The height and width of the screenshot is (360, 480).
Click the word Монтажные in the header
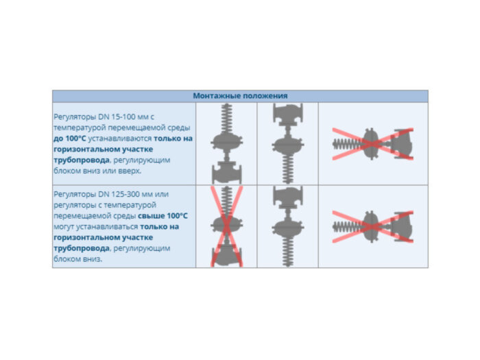point(217,96)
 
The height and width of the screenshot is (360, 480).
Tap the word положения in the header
point(265,96)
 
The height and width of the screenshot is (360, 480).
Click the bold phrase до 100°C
point(70,139)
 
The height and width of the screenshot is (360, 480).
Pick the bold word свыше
point(149,216)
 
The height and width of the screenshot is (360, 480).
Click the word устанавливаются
point(120,139)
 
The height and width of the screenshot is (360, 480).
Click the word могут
point(64,227)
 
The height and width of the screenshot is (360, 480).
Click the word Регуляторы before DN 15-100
point(75,117)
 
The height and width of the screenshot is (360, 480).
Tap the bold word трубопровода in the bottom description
point(82,248)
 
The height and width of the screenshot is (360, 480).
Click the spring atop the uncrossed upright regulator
point(227,119)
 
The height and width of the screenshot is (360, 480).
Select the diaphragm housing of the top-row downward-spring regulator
point(288,145)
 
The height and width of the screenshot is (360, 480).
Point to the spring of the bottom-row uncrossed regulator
point(288,252)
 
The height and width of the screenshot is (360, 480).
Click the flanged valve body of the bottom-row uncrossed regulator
point(288,197)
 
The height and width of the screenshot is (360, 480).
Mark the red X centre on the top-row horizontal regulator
point(372,144)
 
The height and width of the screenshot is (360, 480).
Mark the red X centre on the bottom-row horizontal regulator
point(372,227)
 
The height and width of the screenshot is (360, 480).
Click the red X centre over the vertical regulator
point(227,226)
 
